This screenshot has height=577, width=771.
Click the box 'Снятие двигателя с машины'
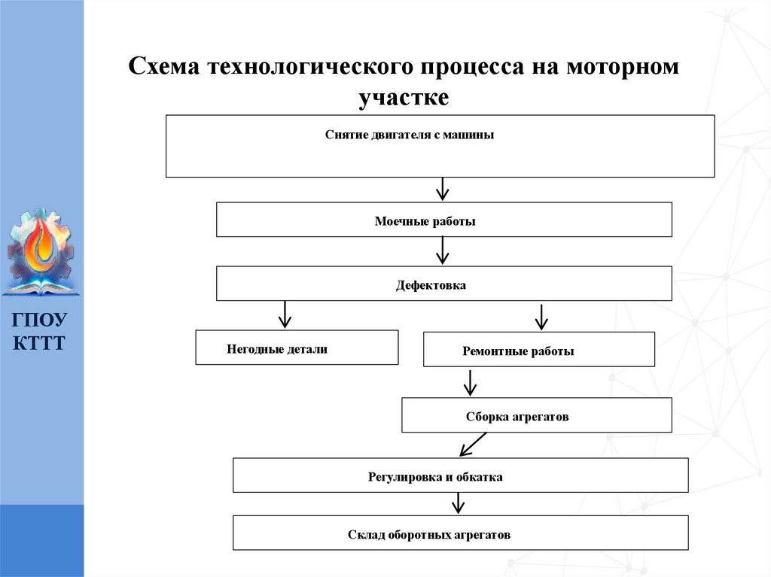tap(440, 146)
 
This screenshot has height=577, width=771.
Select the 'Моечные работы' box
tap(443, 220)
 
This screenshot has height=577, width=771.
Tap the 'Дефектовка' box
tap(443, 284)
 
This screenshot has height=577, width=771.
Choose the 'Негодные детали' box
tap(297, 348)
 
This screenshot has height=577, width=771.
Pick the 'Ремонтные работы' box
tap(538, 349)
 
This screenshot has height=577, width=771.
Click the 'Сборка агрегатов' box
tap(536, 415)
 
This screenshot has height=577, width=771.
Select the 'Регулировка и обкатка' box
tap(460, 475)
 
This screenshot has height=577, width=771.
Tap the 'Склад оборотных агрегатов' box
tap(460, 533)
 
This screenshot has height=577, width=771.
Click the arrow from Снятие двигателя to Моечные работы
tap(443, 190)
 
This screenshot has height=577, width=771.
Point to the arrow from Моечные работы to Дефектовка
tap(443, 251)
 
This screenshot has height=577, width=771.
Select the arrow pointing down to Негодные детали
tap(284, 314)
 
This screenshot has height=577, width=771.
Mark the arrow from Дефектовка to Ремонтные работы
tap(540, 317)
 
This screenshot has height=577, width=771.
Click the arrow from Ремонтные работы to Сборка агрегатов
tap(470, 382)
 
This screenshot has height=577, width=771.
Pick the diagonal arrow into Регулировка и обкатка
tap(473, 445)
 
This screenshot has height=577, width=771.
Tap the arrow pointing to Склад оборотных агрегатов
tap(456, 503)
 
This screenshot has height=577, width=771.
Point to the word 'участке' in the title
tap(403, 97)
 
